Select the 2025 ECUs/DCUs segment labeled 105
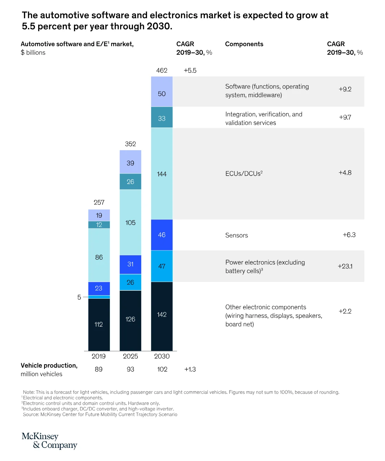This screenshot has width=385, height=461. [131, 223]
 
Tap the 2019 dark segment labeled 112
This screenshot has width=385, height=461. [99, 324]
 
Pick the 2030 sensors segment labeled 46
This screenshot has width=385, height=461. [162, 235]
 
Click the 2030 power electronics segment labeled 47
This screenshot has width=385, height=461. [162, 266]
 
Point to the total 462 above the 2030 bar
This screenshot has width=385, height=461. [162, 70]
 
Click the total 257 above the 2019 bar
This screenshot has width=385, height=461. [99, 202]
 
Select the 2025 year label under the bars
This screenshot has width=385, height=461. [131, 356]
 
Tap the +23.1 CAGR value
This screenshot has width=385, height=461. [345, 266]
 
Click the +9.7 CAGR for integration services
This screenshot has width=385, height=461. [345, 117]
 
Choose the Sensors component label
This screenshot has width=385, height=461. [237, 235]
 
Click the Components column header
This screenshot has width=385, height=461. [244, 44]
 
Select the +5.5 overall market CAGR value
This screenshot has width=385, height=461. [190, 70]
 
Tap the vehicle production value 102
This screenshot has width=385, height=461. [162, 369]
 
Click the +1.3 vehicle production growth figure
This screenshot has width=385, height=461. [190, 369]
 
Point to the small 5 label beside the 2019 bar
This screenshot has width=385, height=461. [79, 297]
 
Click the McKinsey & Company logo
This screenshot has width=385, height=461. [49, 441]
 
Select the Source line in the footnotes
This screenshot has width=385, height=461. [100, 414]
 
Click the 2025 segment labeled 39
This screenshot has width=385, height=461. [131, 163]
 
